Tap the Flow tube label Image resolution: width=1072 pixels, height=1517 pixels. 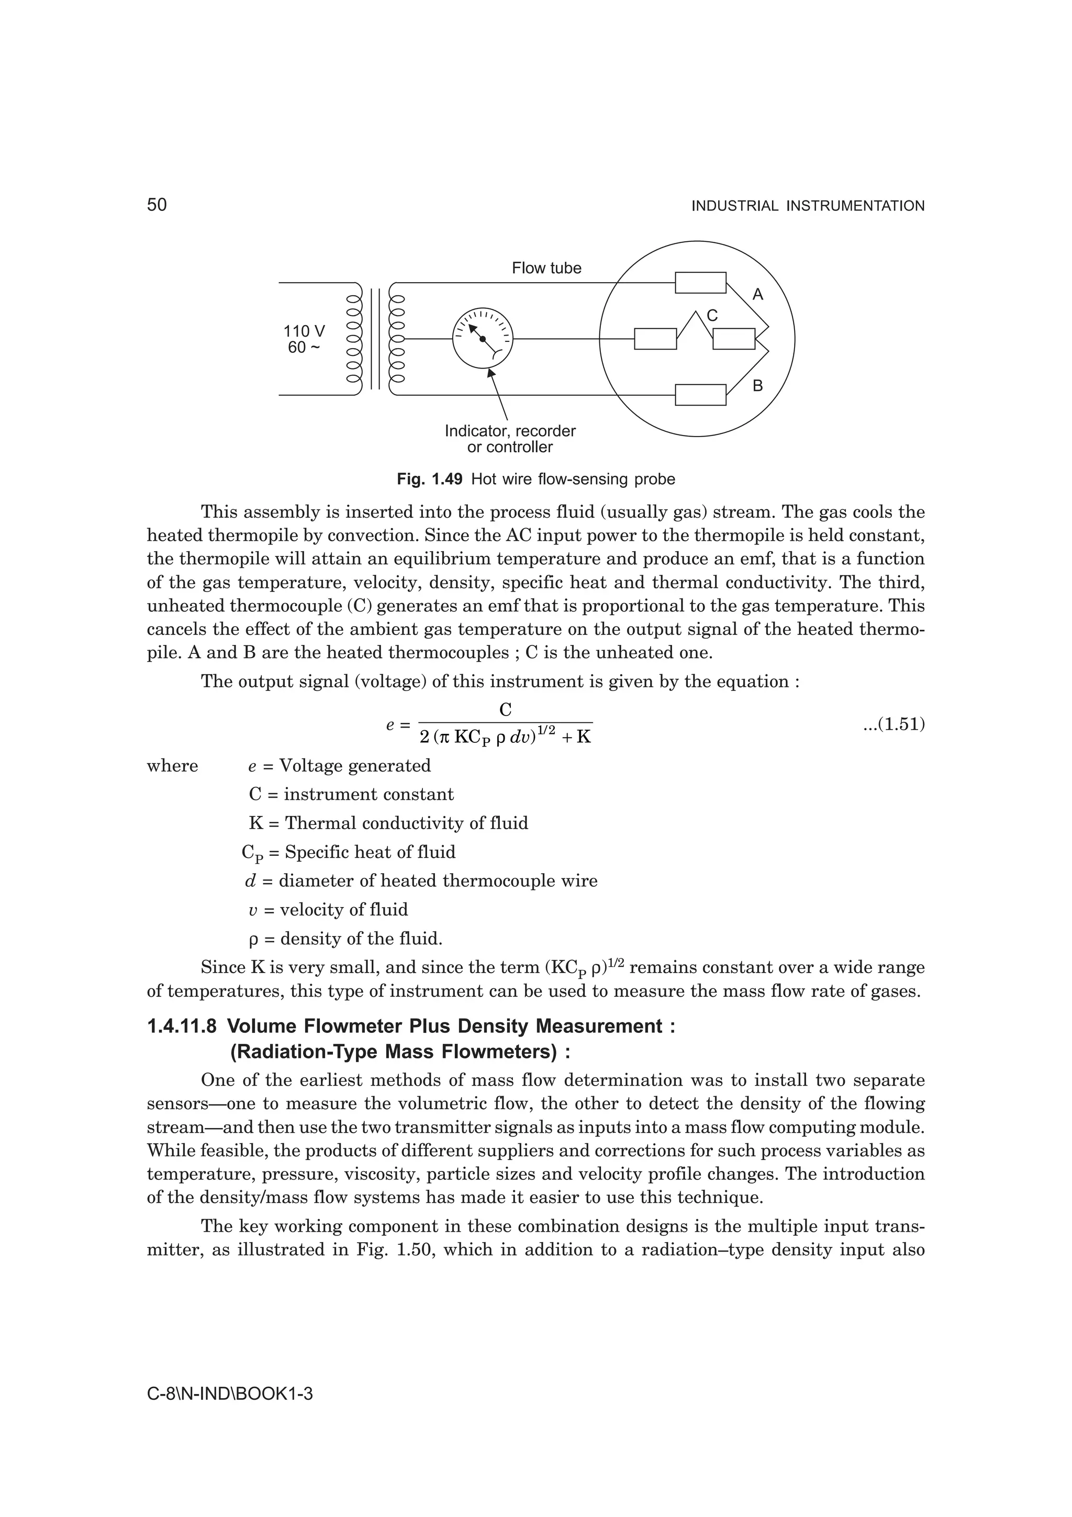(x=546, y=268)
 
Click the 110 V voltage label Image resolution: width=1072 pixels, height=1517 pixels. (x=304, y=331)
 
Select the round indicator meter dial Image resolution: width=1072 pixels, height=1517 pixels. (x=482, y=339)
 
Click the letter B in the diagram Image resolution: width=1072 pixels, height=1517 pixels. (x=757, y=386)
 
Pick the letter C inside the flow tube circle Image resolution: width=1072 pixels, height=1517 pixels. (x=712, y=316)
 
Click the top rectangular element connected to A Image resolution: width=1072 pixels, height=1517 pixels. (x=700, y=283)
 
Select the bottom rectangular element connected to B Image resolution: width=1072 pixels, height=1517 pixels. (x=700, y=395)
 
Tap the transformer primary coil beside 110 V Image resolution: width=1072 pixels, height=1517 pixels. (x=354, y=339)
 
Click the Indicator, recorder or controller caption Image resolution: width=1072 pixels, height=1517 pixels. (x=510, y=439)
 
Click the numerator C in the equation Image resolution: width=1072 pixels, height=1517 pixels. (x=505, y=710)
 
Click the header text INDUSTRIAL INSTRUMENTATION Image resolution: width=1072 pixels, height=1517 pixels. (x=807, y=206)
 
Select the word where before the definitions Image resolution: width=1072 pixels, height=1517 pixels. (x=172, y=766)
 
